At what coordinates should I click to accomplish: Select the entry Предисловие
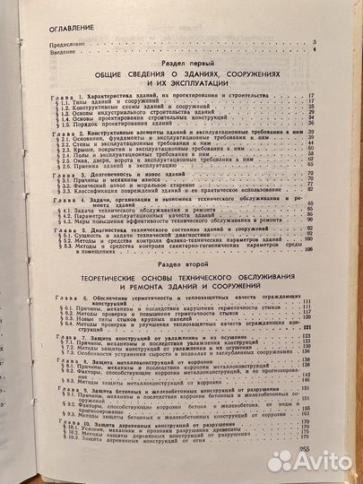coord(49,42)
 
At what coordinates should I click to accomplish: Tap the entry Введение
coord(45,50)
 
